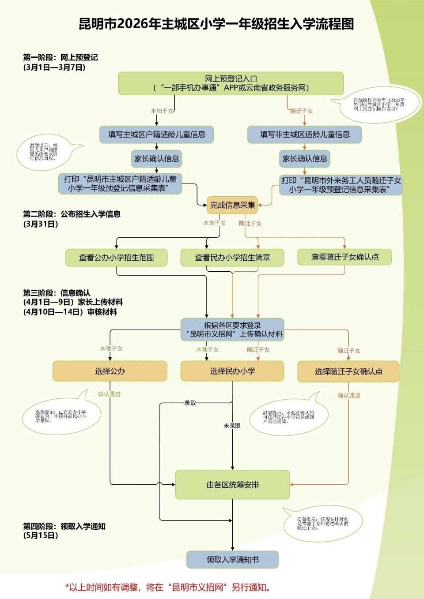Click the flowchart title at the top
[216, 24]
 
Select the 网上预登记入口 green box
[231, 83]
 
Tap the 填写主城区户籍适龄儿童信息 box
[156, 135]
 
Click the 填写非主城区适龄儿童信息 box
[304, 135]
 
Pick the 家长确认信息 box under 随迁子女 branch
[304, 159]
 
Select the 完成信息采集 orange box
[232, 205]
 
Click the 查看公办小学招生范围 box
[116, 258]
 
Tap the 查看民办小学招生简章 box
[232, 258]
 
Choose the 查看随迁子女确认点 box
[344, 257]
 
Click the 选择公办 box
[110, 371]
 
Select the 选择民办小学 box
[232, 371]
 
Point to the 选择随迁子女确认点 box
[348, 372]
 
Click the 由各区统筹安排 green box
[232, 485]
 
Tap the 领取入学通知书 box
[232, 560]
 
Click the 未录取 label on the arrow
[232, 426]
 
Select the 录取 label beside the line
[190, 403]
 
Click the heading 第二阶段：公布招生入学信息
[72, 214]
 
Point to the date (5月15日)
[41, 535]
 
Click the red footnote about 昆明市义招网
[168, 588]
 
